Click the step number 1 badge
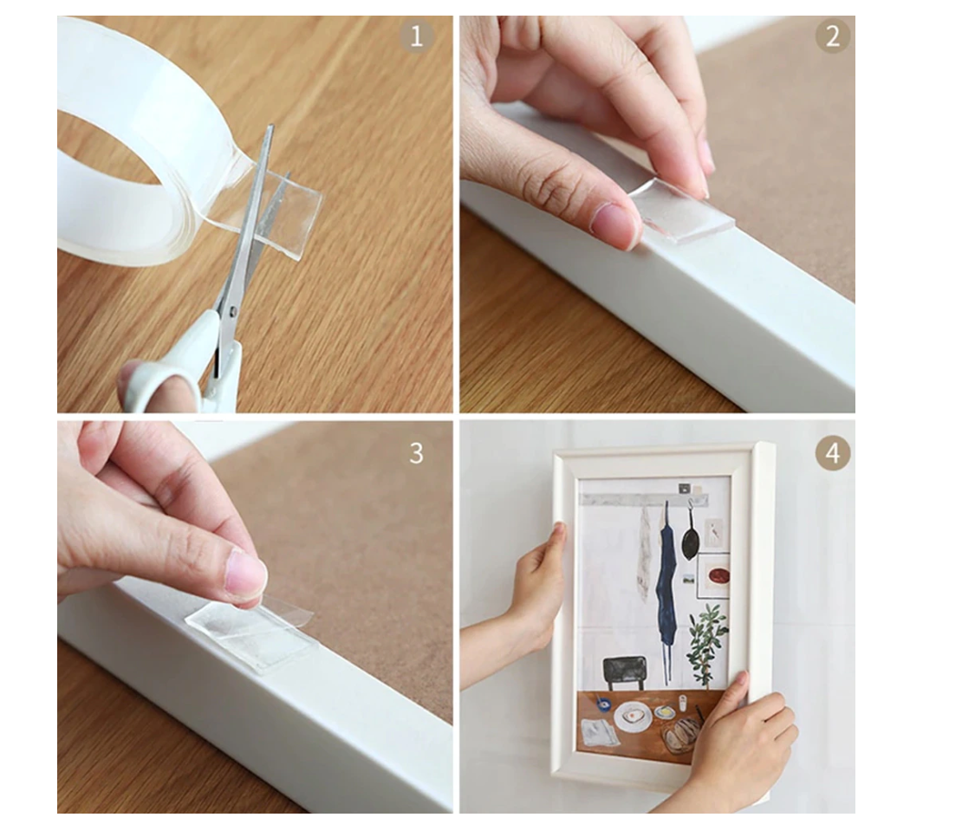417,36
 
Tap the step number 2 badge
833,36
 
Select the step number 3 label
417,454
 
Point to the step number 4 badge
833,454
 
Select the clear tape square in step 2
682,211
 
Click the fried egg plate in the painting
634,717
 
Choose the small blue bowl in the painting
604,705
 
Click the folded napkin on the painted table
600,733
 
